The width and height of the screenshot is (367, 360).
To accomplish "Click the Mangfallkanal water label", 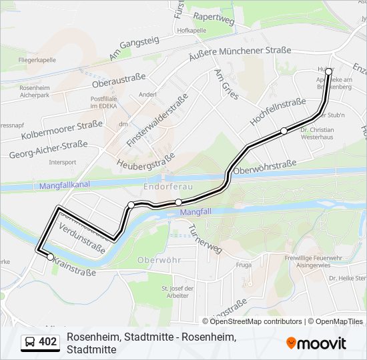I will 65,185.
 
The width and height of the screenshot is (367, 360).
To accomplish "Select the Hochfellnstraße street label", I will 278,112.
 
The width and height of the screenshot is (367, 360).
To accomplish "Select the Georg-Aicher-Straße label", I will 48,150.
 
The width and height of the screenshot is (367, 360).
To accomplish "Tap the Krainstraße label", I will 74,267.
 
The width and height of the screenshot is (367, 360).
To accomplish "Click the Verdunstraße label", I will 82,239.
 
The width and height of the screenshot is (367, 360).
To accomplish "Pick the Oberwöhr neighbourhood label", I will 159,259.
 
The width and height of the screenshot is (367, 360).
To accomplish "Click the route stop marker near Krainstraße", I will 50,256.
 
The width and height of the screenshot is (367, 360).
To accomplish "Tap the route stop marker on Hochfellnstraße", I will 284,131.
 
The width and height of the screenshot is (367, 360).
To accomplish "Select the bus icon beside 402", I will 30,342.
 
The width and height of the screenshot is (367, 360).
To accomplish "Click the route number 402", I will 48,342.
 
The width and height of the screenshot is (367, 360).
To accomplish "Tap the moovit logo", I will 316,343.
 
